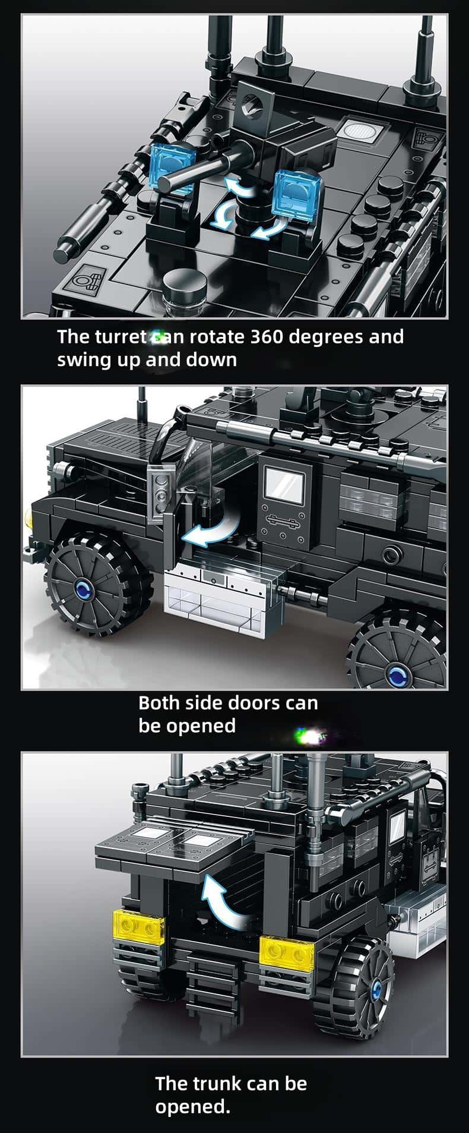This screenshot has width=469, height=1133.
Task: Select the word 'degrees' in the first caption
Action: pyautogui.click(x=328, y=337)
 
